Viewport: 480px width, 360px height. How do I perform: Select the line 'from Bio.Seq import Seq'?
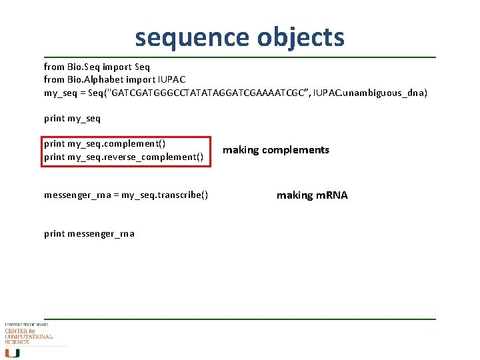pyautogui.click(x=97, y=67)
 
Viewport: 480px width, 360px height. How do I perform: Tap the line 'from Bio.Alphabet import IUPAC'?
pyautogui.click(x=115, y=79)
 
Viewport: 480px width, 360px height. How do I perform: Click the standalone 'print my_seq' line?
pyautogui.click(x=72, y=118)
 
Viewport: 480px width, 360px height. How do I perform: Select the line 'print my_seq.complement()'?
pyautogui.click(x=105, y=143)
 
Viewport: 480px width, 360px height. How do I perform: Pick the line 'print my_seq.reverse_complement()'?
pyautogui.click(x=123, y=157)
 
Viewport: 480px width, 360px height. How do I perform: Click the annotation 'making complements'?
pyautogui.click(x=275, y=150)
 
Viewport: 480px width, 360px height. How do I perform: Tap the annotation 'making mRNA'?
pyautogui.click(x=312, y=195)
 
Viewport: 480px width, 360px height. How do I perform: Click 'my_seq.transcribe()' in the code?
pyautogui.click(x=165, y=195)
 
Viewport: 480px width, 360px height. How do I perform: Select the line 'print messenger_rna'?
pyautogui.click(x=89, y=233)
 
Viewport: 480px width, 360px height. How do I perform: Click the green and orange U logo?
pyautogui.click(x=13, y=353)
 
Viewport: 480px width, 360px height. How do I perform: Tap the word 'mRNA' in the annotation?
pyautogui.click(x=332, y=195)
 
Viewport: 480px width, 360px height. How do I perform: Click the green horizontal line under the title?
pyautogui.click(x=240, y=57)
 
